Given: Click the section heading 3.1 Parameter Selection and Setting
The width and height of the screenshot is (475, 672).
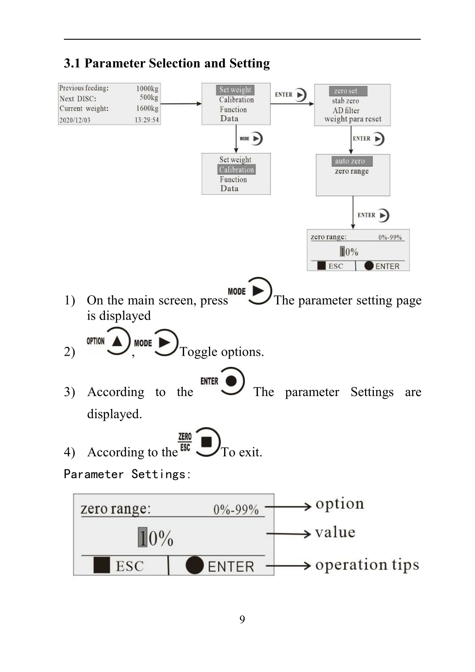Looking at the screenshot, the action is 167,63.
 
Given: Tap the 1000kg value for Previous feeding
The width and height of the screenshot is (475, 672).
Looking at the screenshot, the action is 147,89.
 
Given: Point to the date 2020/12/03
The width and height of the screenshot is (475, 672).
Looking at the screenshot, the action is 75,120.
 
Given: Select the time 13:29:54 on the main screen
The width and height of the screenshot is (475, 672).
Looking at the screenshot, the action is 147,120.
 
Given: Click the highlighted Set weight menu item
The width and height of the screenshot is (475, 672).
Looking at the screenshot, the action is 235,90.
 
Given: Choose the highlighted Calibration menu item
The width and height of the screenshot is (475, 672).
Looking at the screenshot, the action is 237,169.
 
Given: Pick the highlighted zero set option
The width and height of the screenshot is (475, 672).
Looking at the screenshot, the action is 348,91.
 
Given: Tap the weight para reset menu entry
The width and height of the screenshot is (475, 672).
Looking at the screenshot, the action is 353,119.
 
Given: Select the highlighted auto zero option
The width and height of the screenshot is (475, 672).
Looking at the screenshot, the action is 352,161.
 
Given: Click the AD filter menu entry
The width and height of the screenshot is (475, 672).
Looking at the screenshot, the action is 346,110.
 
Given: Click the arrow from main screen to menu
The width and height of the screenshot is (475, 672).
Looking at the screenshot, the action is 181,104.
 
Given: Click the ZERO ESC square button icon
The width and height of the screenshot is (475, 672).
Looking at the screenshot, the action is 207,442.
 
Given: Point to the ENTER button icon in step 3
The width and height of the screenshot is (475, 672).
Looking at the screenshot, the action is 231,381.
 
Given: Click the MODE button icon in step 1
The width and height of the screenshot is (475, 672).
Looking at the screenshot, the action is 259,291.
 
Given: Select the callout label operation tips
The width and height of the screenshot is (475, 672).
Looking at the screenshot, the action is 367,565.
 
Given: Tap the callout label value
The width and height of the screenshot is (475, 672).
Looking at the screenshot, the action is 335,532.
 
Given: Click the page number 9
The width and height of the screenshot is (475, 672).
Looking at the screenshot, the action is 242,619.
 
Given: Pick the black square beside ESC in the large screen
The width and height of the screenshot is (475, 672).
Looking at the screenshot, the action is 102,565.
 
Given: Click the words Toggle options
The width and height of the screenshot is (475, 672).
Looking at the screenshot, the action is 222,352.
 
